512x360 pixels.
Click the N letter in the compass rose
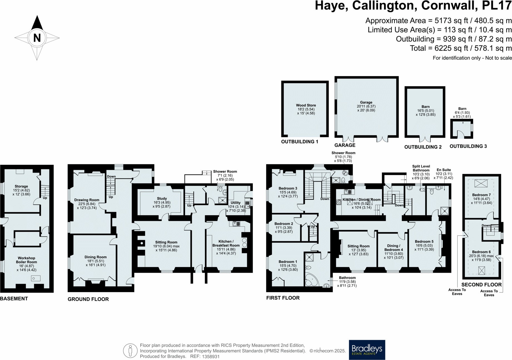pos(37,38)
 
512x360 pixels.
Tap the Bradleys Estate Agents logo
pos(367,350)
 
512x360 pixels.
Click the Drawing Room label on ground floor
pos(86,200)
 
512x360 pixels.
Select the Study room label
pos(162,198)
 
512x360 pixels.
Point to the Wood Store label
pos(306,105)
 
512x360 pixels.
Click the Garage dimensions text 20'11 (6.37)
pos(366,106)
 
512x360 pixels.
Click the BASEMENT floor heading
pos(14,299)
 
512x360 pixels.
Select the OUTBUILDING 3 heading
pos(468,146)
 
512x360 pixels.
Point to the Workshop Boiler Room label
pos(26,260)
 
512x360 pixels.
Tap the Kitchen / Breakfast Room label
pos(226,243)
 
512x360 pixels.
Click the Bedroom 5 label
pos(424,241)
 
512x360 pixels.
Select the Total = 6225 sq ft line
pos(461,48)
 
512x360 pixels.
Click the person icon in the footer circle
pos(130,351)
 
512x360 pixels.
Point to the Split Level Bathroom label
pos(421,168)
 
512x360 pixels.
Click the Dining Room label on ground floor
pos(95,257)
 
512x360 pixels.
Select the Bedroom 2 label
pos(284,224)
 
